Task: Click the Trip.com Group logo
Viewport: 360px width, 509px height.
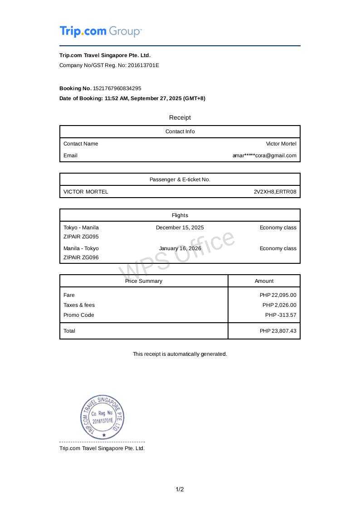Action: click(x=101, y=32)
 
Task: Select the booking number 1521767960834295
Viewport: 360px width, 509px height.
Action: click(x=117, y=88)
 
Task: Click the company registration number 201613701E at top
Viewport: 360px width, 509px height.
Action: click(x=143, y=65)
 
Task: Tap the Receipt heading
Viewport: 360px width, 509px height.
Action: click(x=180, y=117)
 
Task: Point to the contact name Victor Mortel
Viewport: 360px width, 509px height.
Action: click(x=281, y=144)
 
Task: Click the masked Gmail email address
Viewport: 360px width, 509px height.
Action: click(x=264, y=155)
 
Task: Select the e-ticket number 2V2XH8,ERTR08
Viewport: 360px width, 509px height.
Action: click(x=275, y=192)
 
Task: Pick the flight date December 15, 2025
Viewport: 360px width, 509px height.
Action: click(x=180, y=228)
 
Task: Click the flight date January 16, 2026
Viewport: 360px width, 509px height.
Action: click(x=180, y=248)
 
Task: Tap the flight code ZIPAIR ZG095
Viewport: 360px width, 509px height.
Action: click(x=81, y=237)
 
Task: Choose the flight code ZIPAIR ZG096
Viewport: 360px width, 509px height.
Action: click(x=81, y=257)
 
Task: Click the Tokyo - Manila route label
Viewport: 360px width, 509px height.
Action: click(x=81, y=228)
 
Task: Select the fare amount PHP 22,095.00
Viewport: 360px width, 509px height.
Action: click(x=278, y=295)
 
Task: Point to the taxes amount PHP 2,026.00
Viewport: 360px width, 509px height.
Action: click(x=279, y=305)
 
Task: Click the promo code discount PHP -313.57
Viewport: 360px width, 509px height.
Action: click(x=281, y=315)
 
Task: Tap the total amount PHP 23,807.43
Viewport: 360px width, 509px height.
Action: click(x=278, y=331)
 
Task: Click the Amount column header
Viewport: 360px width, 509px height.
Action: click(x=264, y=281)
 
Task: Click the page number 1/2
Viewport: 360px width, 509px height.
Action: click(x=180, y=490)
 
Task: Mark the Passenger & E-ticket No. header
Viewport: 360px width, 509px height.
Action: click(x=180, y=179)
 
